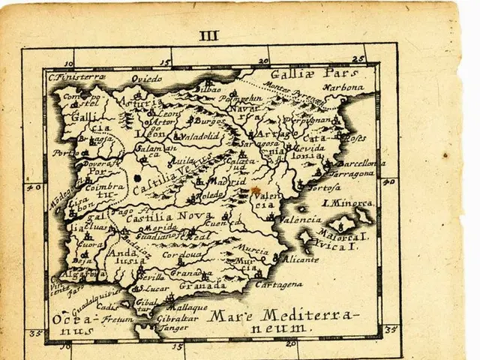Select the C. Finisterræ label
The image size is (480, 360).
[76, 76]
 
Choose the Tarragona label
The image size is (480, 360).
[350, 173]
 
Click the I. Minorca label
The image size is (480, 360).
[347, 202]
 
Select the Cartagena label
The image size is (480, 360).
[278, 284]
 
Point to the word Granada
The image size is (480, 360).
[202, 286]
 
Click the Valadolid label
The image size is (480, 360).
[196, 136]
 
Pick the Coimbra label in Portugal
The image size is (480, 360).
[106, 187]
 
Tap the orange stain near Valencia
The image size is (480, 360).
[255, 191]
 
